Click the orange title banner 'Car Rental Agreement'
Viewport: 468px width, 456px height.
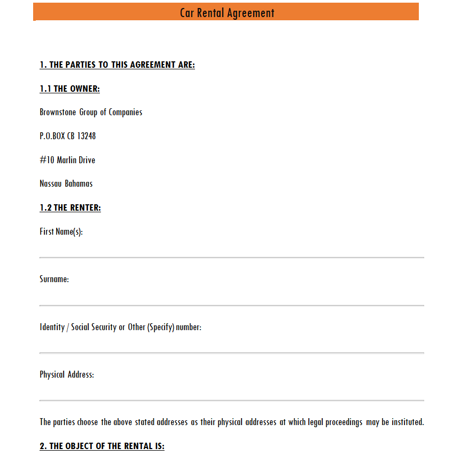tap(227, 12)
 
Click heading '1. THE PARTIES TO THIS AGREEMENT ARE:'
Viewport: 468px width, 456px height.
tap(117, 65)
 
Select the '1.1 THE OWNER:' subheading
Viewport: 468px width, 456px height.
tap(69, 89)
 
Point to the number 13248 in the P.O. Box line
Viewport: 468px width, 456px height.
tap(87, 136)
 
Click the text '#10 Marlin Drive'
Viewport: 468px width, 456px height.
tap(67, 160)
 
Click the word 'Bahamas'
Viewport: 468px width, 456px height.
tap(79, 183)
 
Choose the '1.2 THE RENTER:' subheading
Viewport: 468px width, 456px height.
tap(70, 208)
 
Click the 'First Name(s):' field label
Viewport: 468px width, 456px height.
tap(61, 232)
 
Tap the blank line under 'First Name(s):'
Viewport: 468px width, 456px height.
tap(231, 258)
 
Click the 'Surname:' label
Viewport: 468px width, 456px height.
tap(54, 279)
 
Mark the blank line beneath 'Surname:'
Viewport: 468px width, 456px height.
tap(231, 306)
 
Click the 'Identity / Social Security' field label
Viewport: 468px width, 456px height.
tap(120, 327)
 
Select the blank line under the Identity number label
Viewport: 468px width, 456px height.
tap(231, 353)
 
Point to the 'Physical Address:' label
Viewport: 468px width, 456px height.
tap(67, 374)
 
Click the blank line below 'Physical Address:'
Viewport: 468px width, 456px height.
tap(231, 400)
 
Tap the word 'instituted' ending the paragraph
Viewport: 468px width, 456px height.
tap(407, 422)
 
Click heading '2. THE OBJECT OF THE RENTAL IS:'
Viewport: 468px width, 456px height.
tap(102, 446)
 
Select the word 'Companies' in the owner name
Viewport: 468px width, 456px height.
tap(126, 113)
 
